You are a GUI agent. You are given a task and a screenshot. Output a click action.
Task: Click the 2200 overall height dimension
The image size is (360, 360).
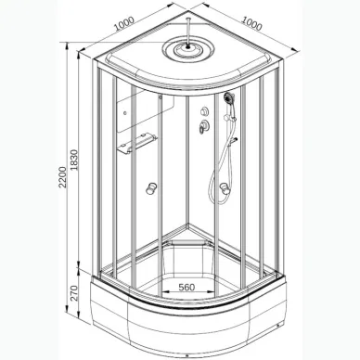pos(62,177)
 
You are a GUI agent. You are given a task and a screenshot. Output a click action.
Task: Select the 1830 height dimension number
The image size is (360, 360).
pos(73,161)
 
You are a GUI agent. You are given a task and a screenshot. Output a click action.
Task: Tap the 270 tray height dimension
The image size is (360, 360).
pos(73,293)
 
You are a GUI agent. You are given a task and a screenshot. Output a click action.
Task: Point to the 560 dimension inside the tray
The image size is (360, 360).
pos(187,288)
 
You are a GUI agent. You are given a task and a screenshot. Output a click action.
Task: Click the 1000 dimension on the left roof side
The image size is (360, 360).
pos(124,23)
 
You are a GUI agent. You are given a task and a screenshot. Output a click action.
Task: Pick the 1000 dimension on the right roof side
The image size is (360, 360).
pos(251,23)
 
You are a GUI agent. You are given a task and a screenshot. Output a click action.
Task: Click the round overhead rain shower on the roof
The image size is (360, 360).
pos(188,49)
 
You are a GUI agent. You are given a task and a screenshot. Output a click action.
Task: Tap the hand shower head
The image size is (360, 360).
pos(228,97)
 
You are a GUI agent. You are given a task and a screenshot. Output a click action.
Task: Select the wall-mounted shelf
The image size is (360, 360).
pos(137,143)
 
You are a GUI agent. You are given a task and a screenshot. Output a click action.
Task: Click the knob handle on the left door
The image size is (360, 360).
pos(151,188)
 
